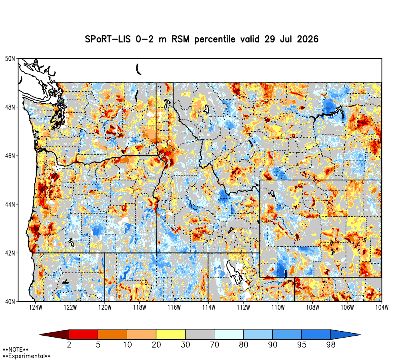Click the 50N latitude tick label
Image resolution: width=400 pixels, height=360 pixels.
(10, 59)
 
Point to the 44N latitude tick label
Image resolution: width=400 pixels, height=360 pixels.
(10, 204)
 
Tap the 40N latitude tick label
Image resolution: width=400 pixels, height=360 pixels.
(10, 302)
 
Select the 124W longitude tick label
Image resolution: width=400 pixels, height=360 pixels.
(36, 308)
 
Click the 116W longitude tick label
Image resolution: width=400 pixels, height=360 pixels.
(174, 308)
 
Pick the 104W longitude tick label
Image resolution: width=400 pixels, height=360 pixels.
(382, 308)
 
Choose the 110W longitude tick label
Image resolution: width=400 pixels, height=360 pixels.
(278, 308)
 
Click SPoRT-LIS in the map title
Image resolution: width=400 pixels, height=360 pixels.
(107, 39)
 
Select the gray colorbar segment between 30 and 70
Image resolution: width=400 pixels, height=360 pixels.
(200, 334)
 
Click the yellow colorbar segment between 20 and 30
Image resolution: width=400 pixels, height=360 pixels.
(171, 334)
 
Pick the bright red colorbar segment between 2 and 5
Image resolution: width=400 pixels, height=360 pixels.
(84, 334)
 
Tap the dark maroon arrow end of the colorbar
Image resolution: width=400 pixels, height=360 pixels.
(54, 334)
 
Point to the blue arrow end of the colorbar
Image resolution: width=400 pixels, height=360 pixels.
(346, 334)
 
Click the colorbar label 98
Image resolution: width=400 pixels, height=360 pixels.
(331, 345)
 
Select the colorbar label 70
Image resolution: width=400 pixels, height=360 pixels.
(214, 345)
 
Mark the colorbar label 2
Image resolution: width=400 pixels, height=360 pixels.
(69, 345)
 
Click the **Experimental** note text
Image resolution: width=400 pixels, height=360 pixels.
(26, 356)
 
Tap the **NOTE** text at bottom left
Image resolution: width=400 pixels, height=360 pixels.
(16, 350)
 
